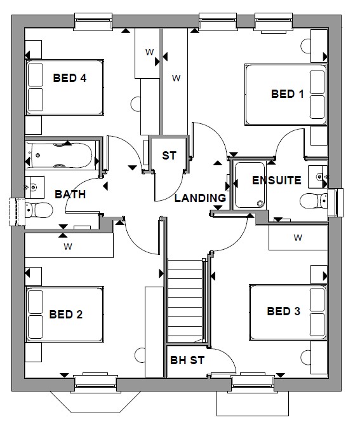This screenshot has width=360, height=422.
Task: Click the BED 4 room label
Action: tap(70, 78)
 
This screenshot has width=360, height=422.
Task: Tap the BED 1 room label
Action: tap(288, 94)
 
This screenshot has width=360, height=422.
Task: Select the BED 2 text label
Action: tap(66, 315)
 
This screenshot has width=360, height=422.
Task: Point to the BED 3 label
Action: tap(283, 311)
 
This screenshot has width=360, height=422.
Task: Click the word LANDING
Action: tap(200, 198)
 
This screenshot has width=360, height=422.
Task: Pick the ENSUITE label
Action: tap(277, 180)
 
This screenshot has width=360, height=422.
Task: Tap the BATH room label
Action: tap(70, 194)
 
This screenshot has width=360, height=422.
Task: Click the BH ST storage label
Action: tap(187, 360)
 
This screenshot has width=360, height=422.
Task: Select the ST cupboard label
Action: tap(169, 156)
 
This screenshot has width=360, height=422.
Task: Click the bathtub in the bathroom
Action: tap(61, 156)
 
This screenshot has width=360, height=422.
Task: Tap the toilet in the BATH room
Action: tap(39, 210)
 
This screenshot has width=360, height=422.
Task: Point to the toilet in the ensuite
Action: tap(313, 201)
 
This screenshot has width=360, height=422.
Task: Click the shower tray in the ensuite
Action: tap(250, 185)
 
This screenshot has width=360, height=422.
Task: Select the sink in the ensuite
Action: tap(318, 177)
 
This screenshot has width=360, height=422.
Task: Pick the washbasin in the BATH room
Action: tap(35, 186)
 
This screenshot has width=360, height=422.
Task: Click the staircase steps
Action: tap(185, 301)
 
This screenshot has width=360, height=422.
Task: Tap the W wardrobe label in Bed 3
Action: tap(298, 238)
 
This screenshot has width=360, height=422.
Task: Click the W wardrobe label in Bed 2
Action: tap(68, 246)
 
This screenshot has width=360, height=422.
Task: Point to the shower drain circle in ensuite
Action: tap(260, 203)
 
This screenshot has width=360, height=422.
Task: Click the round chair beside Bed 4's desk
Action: tap(135, 104)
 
